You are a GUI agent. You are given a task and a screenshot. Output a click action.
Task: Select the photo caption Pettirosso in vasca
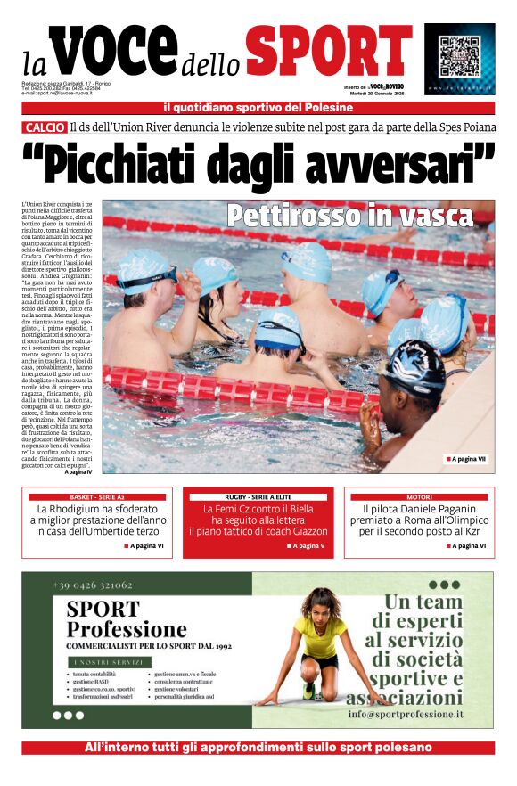point(349,217)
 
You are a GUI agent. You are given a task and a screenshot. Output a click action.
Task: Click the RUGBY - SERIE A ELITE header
point(258,496)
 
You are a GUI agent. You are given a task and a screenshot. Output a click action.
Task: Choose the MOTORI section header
point(419,496)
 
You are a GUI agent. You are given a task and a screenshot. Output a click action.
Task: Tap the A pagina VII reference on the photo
point(465,459)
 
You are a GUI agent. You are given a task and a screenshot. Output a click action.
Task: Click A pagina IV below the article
point(78,471)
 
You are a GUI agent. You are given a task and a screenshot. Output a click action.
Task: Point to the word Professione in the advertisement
point(127,630)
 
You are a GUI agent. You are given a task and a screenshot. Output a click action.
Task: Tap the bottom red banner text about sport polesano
point(258,748)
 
